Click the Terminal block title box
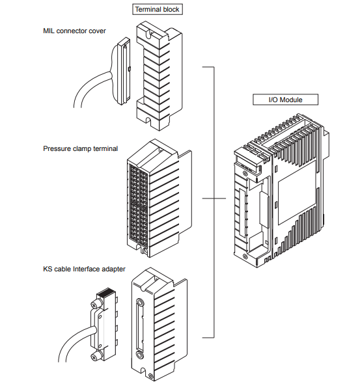click(158, 9)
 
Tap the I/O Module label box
click(285, 100)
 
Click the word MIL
click(49, 31)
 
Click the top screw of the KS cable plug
click(95, 304)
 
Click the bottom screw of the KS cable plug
click(94, 357)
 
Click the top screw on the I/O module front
click(245, 173)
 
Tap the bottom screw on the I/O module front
click(245, 256)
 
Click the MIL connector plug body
click(123, 71)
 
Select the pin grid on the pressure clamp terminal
click(138, 204)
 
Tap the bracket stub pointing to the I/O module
click(220, 198)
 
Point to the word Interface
click(87, 269)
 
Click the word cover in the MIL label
click(98, 31)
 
